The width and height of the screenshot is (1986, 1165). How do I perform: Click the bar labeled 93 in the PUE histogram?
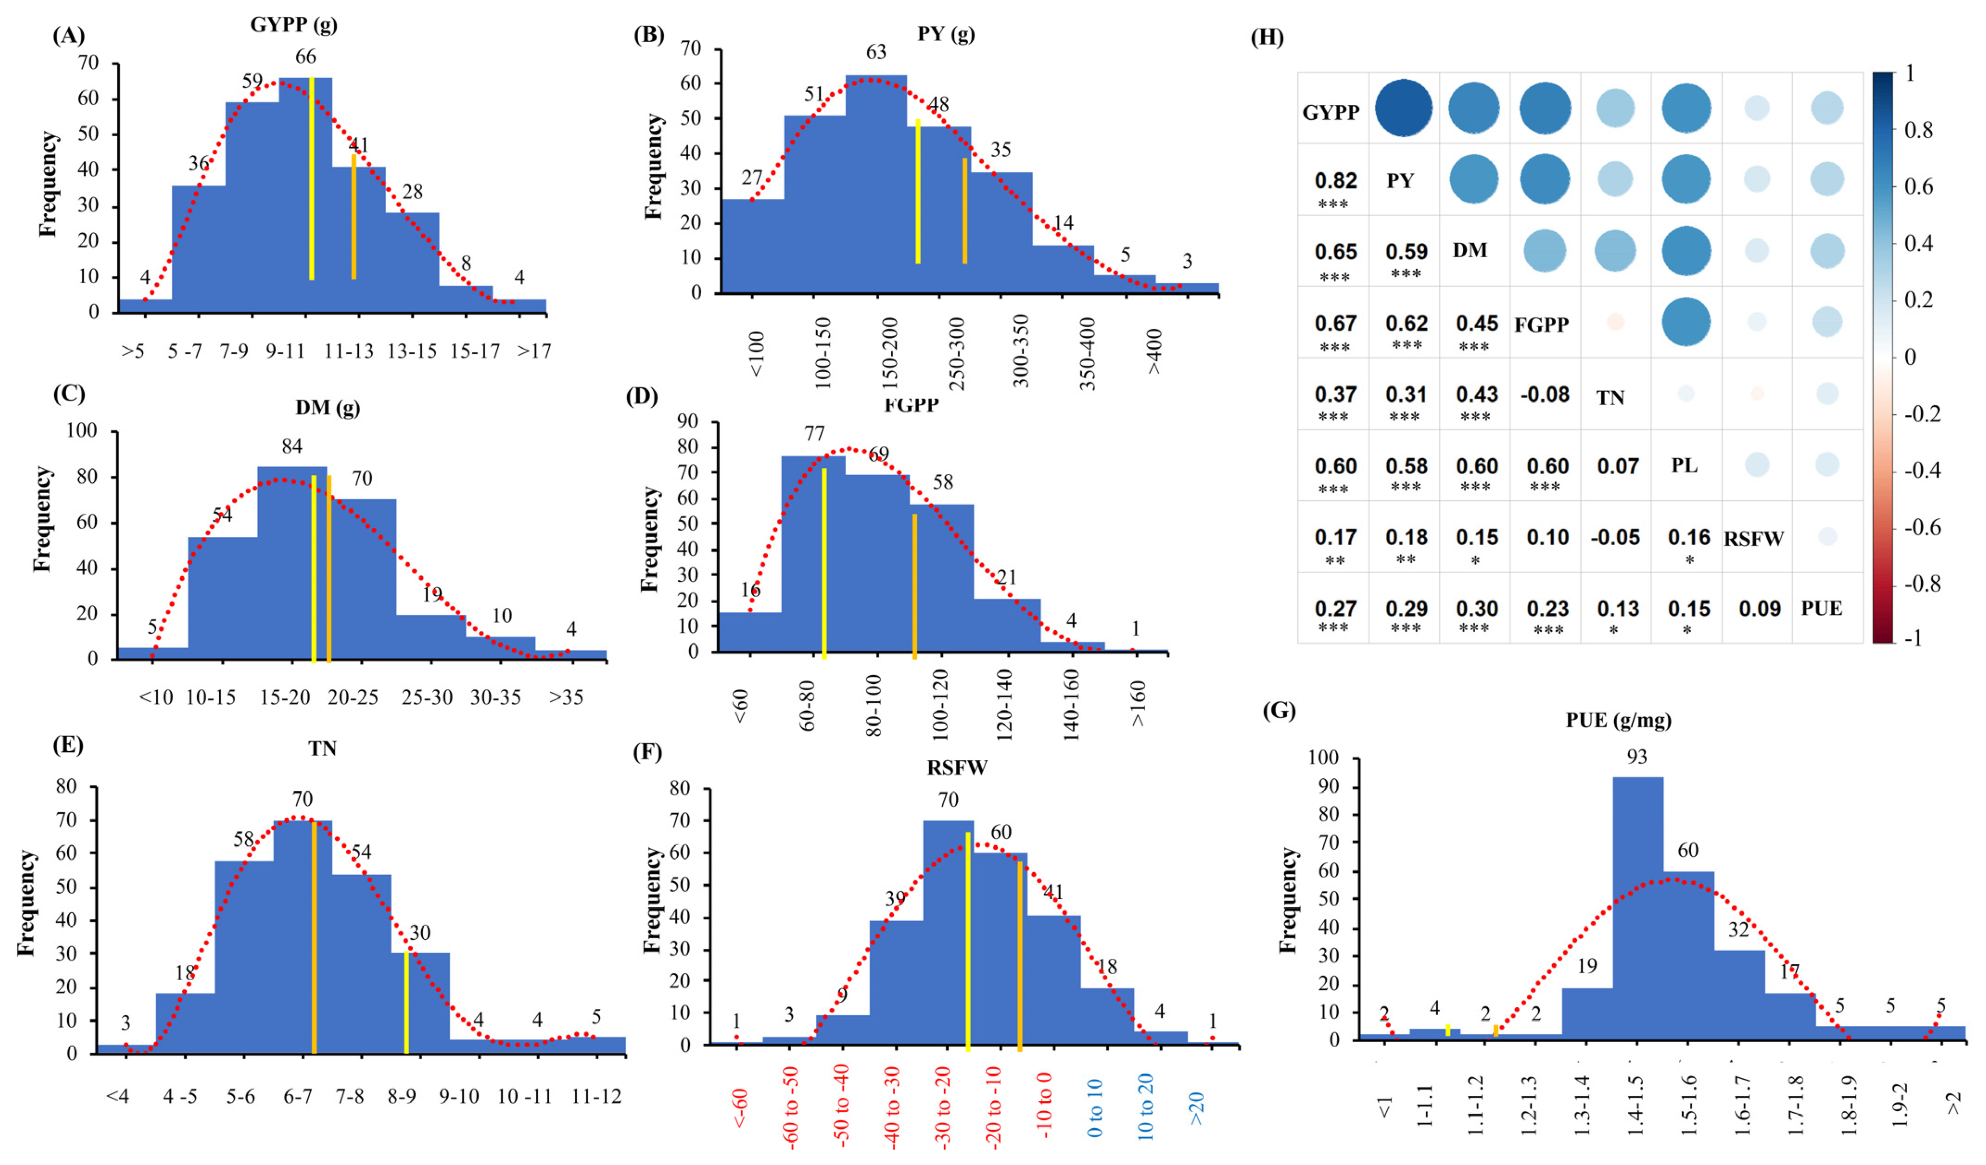pos(1637,906)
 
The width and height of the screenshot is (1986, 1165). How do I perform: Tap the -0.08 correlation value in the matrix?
pos(1545,394)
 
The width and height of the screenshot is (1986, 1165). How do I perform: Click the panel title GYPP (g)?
pos(293,25)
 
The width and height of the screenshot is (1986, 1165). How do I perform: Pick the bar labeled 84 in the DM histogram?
pos(292,560)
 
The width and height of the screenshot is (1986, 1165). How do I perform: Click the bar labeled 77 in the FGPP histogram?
pos(813,552)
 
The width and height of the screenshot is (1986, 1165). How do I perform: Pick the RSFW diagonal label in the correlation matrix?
pos(1753,539)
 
